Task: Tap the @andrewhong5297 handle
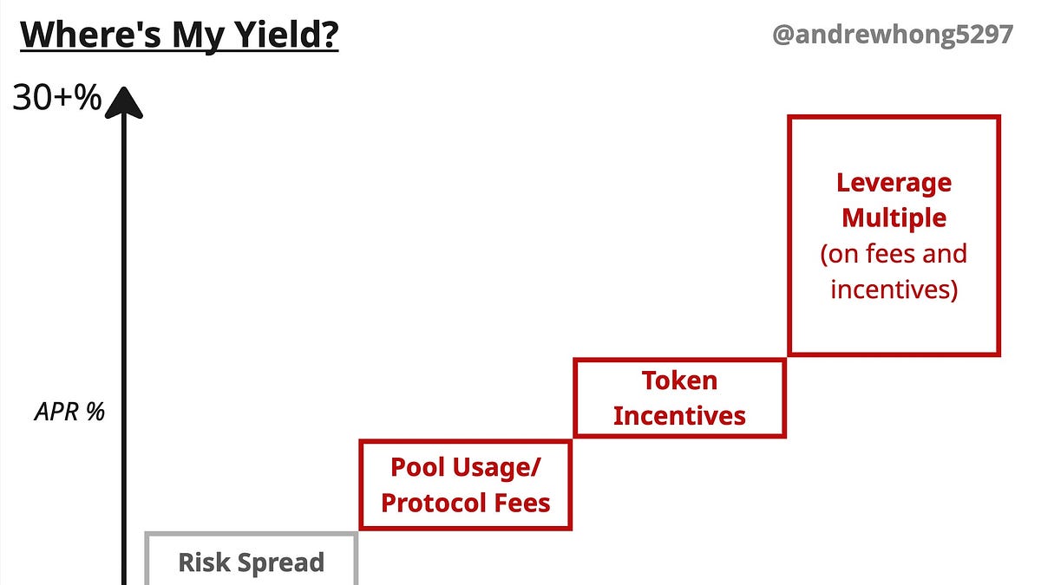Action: [893, 35]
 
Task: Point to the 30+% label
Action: [57, 101]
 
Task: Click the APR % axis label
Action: [69, 412]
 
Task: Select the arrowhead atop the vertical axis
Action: [124, 102]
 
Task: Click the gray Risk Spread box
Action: [251, 559]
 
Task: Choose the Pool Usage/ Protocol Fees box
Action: [465, 485]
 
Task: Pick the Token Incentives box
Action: [679, 398]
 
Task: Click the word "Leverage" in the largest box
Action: [894, 183]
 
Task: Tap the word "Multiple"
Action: [894, 218]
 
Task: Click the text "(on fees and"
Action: [894, 254]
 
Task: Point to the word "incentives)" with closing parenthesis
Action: [894, 289]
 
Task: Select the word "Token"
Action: [679, 380]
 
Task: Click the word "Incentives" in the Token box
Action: [679, 416]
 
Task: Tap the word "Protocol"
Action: [435, 503]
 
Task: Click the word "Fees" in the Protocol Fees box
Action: [523, 503]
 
